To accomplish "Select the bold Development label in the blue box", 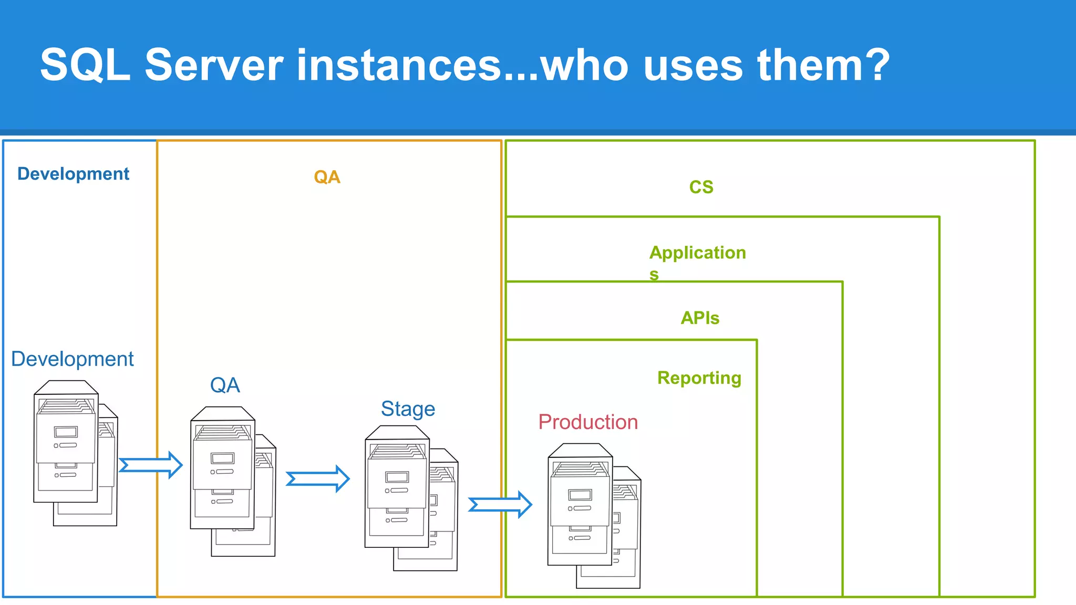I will click(x=73, y=174).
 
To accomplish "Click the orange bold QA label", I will click(x=327, y=177).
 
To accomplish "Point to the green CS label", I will click(x=701, y=187).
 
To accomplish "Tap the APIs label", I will click(x=700, y=318).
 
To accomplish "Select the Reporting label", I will click(x=699, y=378).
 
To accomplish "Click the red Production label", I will click(x=588, y=422).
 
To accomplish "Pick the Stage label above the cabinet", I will click(x=408, y=409).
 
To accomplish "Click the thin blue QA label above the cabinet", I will click(x=225, y=385).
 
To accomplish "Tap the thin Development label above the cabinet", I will click(x=73, y=359).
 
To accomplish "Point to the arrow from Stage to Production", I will click(x=500, y=505).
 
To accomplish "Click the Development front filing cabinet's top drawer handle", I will click(x=67, y=445).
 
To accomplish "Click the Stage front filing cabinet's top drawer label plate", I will click(x=397, y=477).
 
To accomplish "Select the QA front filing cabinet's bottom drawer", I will click(x=222, y=503).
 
